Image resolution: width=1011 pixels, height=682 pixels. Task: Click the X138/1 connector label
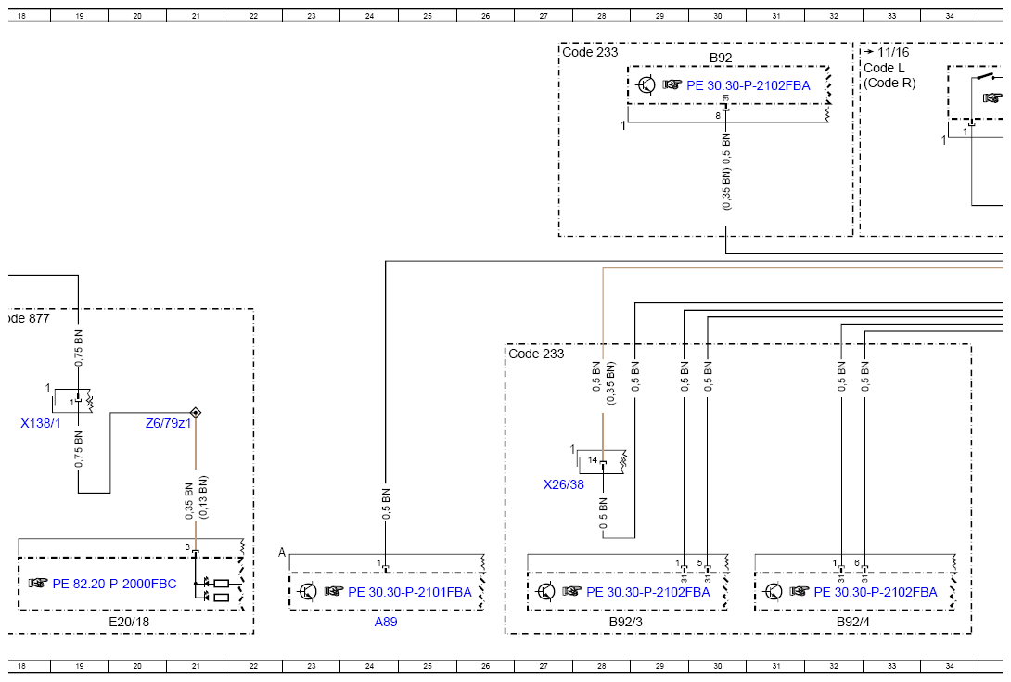(41, 423)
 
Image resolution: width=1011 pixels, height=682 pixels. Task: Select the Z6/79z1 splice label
(168, 423)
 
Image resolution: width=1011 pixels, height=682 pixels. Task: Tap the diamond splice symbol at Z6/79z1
(196, 412)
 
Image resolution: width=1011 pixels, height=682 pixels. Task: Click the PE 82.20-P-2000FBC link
(114, 584)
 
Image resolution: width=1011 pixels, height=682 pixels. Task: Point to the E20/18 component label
(129, 622)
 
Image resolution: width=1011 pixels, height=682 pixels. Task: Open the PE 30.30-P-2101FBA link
(409, 592)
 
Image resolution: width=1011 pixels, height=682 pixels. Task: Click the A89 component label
(386, 622)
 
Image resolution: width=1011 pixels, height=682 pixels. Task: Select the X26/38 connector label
(564, 484)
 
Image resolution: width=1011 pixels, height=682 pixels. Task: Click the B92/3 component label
(625, 622)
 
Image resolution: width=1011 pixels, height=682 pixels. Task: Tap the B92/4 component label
(853, 622)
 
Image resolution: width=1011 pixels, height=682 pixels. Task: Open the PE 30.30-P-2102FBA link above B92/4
(875, 592)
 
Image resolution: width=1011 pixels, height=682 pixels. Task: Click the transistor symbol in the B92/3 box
(546, 592)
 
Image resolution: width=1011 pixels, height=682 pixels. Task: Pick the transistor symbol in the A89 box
(308, 592)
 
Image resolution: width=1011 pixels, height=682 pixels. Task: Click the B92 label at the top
(721, 58)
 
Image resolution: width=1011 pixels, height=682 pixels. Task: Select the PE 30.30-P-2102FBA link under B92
(748, 85)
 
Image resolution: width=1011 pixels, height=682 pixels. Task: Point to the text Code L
(884, 68)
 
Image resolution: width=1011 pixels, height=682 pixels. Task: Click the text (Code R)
(889, 83)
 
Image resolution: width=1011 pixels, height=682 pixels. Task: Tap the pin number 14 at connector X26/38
(593, 460)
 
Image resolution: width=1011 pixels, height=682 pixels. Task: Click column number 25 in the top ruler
(428, 16)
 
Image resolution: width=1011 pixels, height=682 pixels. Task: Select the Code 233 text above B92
(590, 52)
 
